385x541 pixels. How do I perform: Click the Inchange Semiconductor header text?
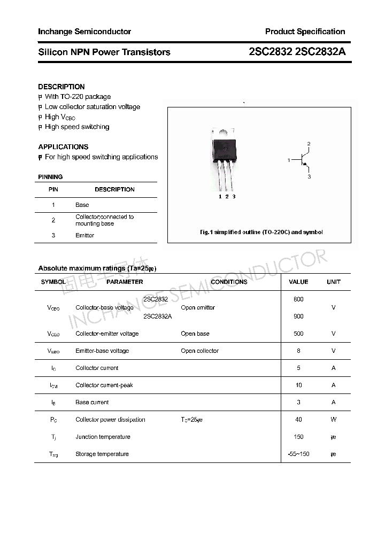84,32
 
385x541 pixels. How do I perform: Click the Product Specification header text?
305,32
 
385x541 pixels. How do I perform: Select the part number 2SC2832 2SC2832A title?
297,52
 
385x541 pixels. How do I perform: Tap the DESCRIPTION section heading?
61,87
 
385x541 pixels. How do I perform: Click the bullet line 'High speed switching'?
76,127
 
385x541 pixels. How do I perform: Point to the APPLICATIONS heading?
63,146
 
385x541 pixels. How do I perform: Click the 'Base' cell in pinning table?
82,205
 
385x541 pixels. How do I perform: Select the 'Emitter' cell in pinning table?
84,235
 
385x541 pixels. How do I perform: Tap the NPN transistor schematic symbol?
302,160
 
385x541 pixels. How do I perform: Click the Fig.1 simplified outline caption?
261,232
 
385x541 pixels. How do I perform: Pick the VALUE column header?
298,282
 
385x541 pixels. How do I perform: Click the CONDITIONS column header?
229,282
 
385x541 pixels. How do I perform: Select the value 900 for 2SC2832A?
298,316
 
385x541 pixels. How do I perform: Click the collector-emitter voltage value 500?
298,334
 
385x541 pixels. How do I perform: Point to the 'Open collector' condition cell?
199,351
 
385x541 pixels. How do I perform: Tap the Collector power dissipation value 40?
298,420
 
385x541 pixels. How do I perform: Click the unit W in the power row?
333,420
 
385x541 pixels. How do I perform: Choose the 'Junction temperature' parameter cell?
103,437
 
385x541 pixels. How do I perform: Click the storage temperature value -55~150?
298,454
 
